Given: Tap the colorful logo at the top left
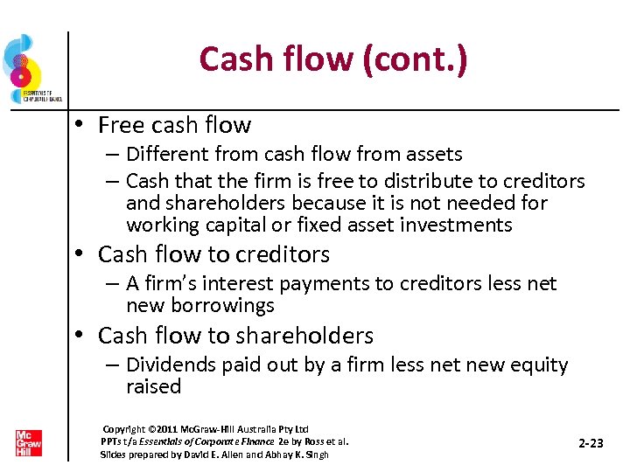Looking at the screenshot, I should tap(24, 66).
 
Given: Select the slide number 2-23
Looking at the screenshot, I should tap(591, 444).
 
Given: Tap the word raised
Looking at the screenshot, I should tap(153, 386).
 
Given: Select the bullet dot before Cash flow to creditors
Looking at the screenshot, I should tap(80, 255).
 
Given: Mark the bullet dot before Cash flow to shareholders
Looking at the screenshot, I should tap(80, 337).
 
